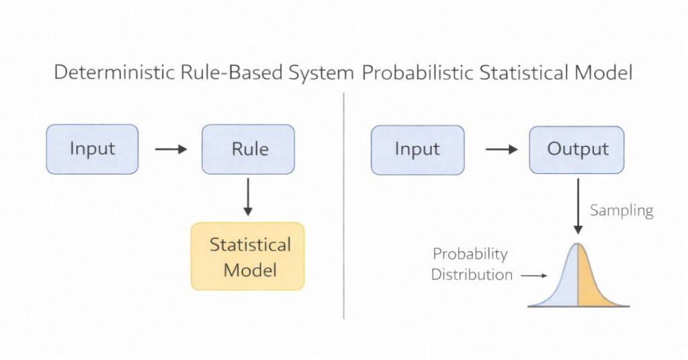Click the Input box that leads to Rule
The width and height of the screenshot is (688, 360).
[92, 149]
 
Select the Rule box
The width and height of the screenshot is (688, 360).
[248, 149]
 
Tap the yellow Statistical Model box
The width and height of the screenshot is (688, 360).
[248, 257]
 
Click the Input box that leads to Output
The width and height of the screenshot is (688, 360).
[417, 149]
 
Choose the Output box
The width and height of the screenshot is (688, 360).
[577, 149]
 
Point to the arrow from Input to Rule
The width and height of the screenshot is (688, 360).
[171, 149]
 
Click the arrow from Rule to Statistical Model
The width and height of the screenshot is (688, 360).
[248, 196]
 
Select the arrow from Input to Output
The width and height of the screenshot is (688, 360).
[501, 149]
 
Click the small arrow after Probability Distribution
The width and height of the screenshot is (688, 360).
[535, 275]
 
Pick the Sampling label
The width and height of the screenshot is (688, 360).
[621, 211]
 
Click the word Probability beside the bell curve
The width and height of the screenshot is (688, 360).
[470, 255]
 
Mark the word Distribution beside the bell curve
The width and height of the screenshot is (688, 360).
[472, 275]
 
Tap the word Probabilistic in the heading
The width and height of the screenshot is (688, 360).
[417, 73]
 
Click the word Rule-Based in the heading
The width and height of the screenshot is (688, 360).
[224, 73]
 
